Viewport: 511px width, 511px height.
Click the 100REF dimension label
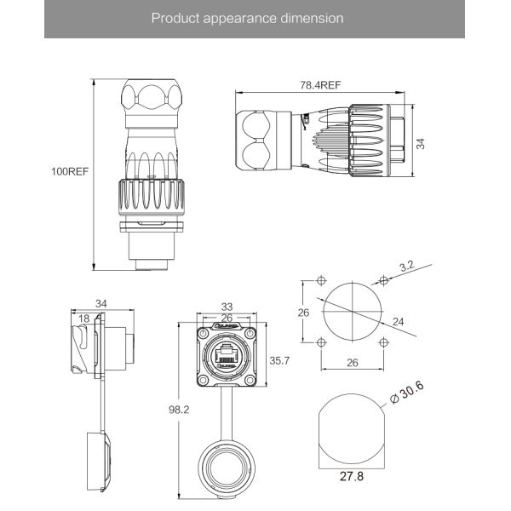pyautogui.click(x=69, y=170)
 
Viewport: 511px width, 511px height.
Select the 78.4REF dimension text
pyautogui.click(x=320, y=85)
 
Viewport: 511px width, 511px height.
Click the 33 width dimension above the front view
pyautogui.click(x=227, y=307)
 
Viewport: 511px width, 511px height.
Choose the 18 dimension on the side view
pyautogui.click(x=83, y=319)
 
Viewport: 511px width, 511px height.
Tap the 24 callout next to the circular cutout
pyautogui.click(x=399, y=321)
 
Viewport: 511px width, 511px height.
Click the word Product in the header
pyautogui.click(x=173, y=18)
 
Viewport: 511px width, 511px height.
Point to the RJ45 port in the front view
pyautogui.click(x=227, y=355)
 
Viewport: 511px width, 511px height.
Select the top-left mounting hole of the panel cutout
pyautogui.click(x=320, y=282)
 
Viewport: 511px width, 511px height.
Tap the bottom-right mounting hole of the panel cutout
pyautogui.click(x=384, y=342)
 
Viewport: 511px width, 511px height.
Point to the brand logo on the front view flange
pyautogui.click(x=227, y=326)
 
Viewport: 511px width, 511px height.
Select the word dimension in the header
pyautogui.click(x=313, y=18)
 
